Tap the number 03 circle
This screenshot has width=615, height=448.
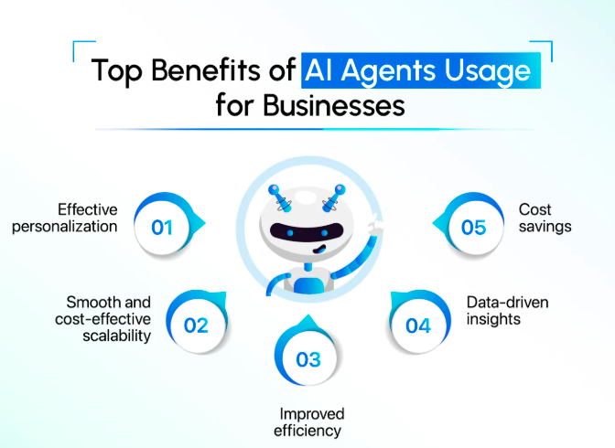coord(307,357)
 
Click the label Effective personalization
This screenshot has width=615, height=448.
coord(65,218)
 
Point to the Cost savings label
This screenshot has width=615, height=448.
coord(545,218)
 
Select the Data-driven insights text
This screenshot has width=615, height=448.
coord(507,311)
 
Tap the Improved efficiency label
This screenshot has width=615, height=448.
coord(308,422)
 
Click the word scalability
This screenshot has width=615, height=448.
coord(117,336)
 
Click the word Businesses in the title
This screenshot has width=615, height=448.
coord(334,105)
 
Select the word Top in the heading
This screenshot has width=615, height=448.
coord(116,70)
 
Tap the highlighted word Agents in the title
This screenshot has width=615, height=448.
coord(388,71)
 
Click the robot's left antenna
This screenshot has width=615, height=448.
coord(281,198)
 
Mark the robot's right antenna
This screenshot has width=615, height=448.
coord(333,198)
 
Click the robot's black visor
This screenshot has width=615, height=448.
coord(307,232)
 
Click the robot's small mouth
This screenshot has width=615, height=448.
coord(319,250)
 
